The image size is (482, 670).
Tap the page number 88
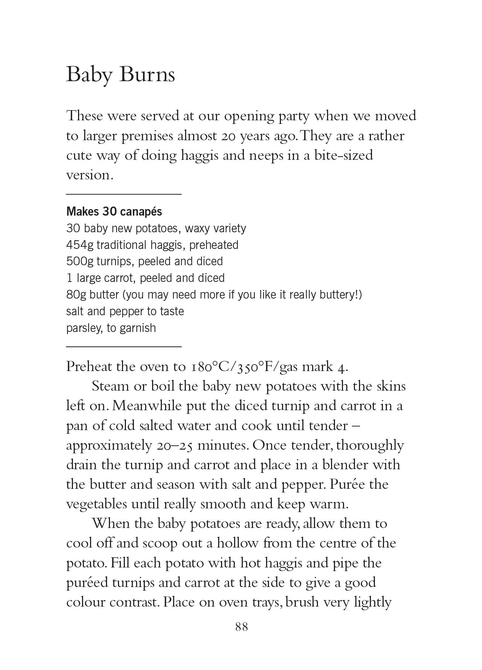pos(241,627)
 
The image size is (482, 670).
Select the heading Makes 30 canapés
pos(114,211)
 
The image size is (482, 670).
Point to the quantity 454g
pos(79,245)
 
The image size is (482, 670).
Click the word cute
pos(78,155)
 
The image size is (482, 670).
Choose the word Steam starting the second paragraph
pos(110,386)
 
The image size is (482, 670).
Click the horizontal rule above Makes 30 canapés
pos(124,195)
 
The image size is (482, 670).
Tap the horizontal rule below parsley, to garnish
pos(124,347)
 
